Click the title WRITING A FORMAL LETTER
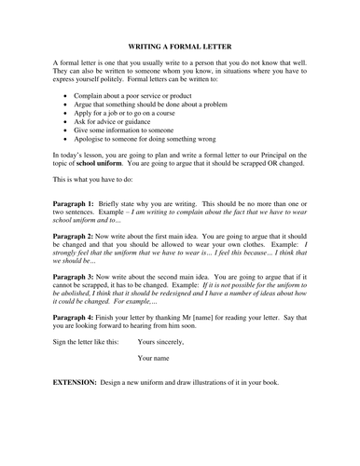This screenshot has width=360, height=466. [x=180, y=46]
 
